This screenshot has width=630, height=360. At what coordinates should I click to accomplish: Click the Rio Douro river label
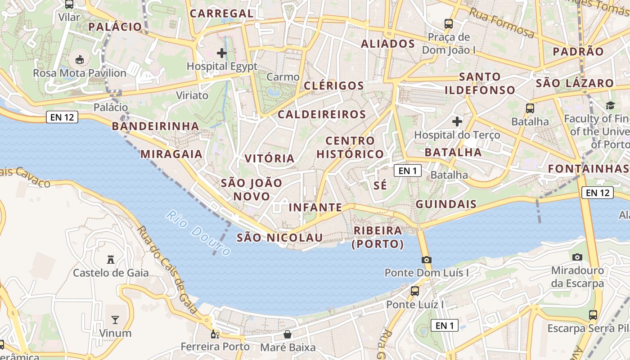point(198,233)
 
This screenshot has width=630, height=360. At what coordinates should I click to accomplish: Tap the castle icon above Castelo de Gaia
point(110,259)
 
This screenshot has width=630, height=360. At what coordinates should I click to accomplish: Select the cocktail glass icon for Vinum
point(115,319)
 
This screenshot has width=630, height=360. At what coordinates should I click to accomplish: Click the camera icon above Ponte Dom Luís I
point(426,260)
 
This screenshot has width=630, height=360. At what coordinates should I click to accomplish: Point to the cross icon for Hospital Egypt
point(221,53)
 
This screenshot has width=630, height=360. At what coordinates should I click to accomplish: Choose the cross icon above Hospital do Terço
point(457,121)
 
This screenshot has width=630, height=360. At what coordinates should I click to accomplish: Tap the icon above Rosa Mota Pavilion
point(79,59)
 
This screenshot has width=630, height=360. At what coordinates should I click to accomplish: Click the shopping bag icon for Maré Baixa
point(288,334)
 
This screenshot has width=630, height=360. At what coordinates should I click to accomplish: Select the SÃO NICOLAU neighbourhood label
point(279,238)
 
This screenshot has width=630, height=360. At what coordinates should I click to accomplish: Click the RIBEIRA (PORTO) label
point(378,237)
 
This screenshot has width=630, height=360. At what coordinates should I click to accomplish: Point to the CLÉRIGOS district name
point(333,85)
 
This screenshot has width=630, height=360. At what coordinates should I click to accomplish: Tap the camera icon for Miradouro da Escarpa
point(577,257)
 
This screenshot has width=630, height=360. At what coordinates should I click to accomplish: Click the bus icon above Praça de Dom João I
point(448,23)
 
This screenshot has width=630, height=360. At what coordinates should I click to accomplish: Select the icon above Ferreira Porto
point(215,334)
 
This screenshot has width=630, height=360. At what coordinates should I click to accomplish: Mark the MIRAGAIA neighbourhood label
point(171,154)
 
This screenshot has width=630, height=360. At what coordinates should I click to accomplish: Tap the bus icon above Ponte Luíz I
point(414,291)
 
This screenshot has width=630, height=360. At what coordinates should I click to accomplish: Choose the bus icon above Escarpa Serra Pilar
point(593,315)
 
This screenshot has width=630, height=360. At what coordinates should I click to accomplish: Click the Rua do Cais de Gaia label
point(167,269)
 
